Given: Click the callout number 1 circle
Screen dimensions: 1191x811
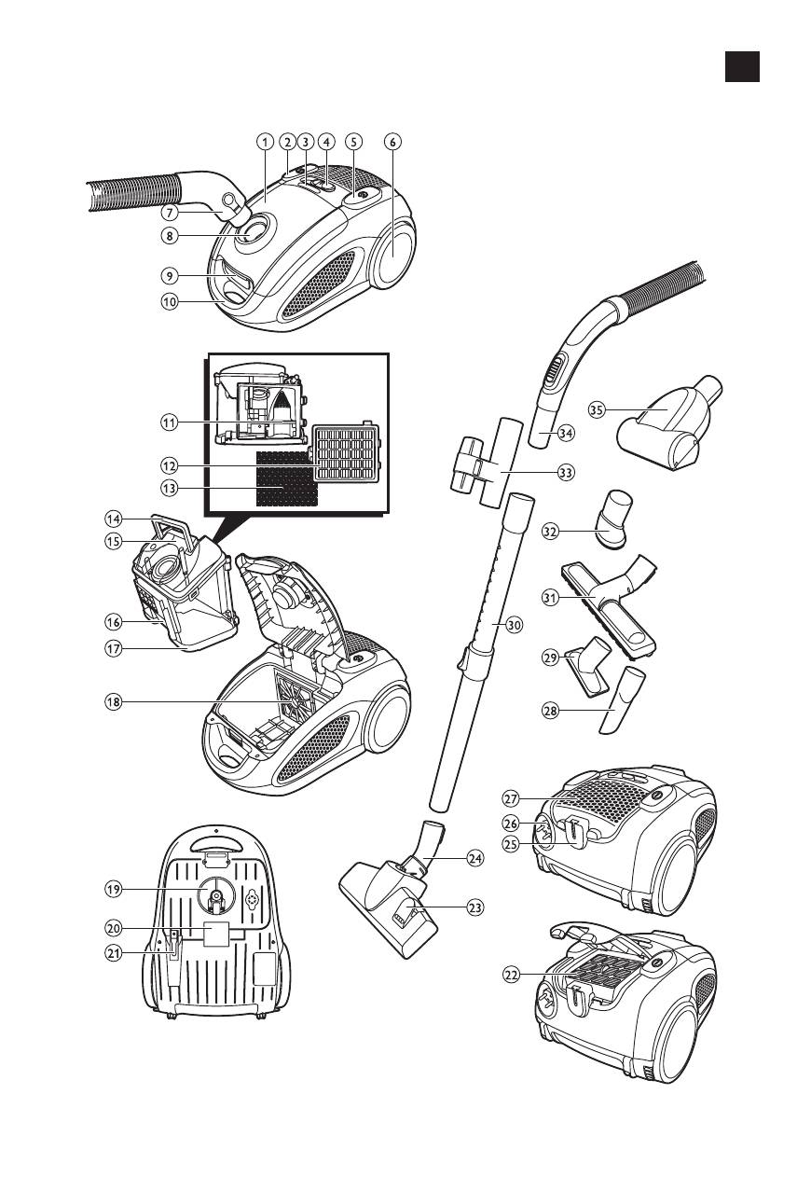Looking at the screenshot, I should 266,142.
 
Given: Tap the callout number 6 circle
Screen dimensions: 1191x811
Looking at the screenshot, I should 392,142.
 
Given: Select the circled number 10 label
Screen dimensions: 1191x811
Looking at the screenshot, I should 169,301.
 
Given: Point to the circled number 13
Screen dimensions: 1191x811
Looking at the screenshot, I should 169,488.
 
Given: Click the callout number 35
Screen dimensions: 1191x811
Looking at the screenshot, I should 598,409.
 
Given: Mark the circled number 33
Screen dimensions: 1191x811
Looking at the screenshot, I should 565,473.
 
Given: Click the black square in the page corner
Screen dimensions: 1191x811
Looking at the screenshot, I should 742,65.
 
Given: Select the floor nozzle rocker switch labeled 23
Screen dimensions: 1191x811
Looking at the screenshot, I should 407,906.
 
